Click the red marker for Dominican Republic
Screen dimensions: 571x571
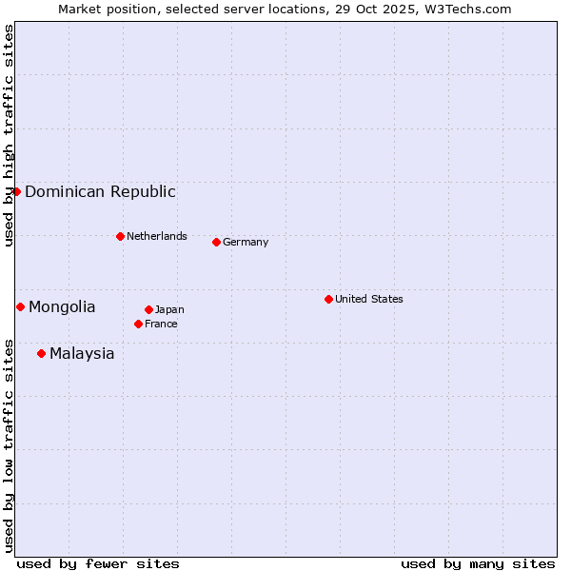[16, 191]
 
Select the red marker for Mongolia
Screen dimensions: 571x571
[20, 306]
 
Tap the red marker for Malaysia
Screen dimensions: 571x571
[41, 353]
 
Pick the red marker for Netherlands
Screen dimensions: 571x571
[120, 236]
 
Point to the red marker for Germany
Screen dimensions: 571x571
[216, 242]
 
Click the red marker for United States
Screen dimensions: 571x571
[328, 299]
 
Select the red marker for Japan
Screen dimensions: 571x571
[148, 309]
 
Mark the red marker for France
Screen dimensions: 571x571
[138, 324]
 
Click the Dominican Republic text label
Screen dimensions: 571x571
[100, 191]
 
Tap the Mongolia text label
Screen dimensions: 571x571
[62, 306]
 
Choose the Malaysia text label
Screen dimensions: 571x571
[82, 353]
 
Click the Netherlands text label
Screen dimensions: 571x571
[157, 236]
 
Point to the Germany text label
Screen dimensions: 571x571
[246, 242]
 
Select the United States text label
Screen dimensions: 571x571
[369, 299]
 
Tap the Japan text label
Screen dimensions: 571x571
[169, 309]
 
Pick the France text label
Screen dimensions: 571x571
[161, 324]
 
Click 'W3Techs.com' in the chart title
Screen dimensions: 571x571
[466, 9]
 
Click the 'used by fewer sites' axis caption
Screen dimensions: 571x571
[98, 563]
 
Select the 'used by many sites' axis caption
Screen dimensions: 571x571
[478, 563]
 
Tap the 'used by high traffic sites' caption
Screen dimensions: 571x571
[9, 136]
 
